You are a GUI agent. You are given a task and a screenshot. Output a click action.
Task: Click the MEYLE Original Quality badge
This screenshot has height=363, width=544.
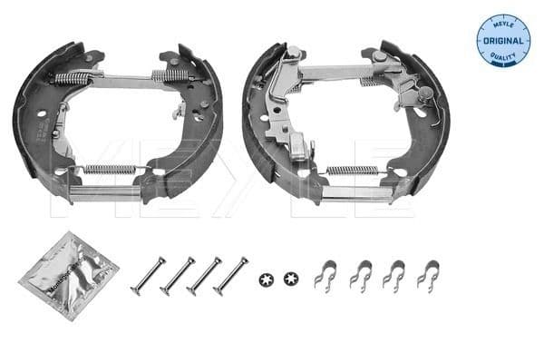pos(503,39)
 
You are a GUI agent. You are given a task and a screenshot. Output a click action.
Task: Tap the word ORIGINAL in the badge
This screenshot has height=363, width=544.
pos(503,42)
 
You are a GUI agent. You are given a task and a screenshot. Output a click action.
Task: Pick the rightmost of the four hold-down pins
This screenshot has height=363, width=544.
pos(230,275)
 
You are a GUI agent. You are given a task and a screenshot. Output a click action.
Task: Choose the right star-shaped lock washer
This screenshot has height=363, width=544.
pos(290,277)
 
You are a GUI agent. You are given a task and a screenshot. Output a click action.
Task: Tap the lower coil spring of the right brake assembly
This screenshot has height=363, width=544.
pos(351,170)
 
